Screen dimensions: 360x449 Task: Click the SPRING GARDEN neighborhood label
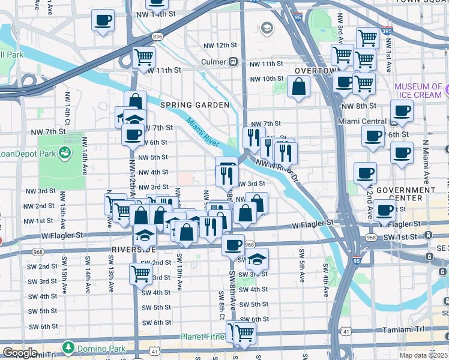194,105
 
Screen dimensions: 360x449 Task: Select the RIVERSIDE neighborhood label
134,248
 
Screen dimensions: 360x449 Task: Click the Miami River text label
202,133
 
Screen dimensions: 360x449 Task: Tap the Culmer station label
214,61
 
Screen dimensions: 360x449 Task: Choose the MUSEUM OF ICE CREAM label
418,91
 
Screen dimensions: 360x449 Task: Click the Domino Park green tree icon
68,347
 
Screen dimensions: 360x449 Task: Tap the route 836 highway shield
158,37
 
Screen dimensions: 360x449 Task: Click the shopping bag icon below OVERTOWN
298,86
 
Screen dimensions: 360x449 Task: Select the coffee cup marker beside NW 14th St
103,20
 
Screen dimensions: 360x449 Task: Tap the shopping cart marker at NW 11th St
143,58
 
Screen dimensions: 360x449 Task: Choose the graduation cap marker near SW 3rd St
256,260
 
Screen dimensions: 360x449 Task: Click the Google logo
20,353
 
